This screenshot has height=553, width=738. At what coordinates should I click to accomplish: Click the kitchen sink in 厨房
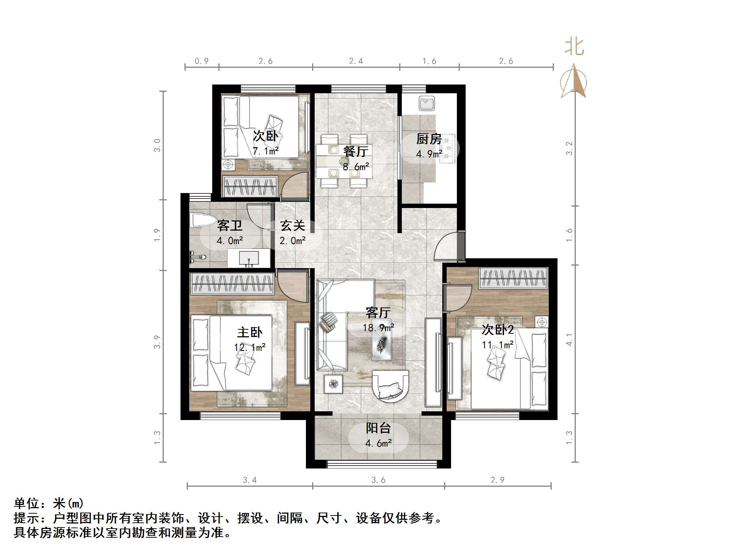pyautogui.click(x=426, y=103)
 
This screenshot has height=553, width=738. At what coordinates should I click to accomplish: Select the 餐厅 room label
pyautogui.click(x=356, y=151)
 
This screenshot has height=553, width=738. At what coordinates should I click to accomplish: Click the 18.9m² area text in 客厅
pyautogui.click(x=378, y=328)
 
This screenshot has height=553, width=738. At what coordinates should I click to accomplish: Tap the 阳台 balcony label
pyautogui.click(x=378, y=428)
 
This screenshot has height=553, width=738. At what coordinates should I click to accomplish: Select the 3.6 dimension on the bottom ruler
pyautogui.click(x=378, y=480)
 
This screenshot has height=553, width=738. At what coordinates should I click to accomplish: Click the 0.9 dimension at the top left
pyautogui.click(x=201, y=61)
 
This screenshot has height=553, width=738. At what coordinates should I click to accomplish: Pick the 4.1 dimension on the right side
pyautogui.click(x=569, y=340)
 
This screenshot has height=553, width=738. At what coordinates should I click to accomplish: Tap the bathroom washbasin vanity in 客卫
pyautogui.click(x=249, y=258)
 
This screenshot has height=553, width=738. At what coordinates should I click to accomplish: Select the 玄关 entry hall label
pyautogui.click(x=292, y=226)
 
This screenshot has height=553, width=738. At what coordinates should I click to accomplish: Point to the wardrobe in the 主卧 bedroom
pyautogui.click(x=232, y=284)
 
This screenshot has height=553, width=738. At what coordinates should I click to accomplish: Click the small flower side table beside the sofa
pyautogui.click(x=333, y=384)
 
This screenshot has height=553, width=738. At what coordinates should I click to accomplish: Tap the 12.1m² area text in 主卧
pyautogui.click(x=249, y=347)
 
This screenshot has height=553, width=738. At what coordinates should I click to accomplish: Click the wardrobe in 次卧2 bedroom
pyautogui.click(x=513, y=278)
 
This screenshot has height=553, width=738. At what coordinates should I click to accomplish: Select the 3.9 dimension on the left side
pyautogui.click(x=157, y=342)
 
